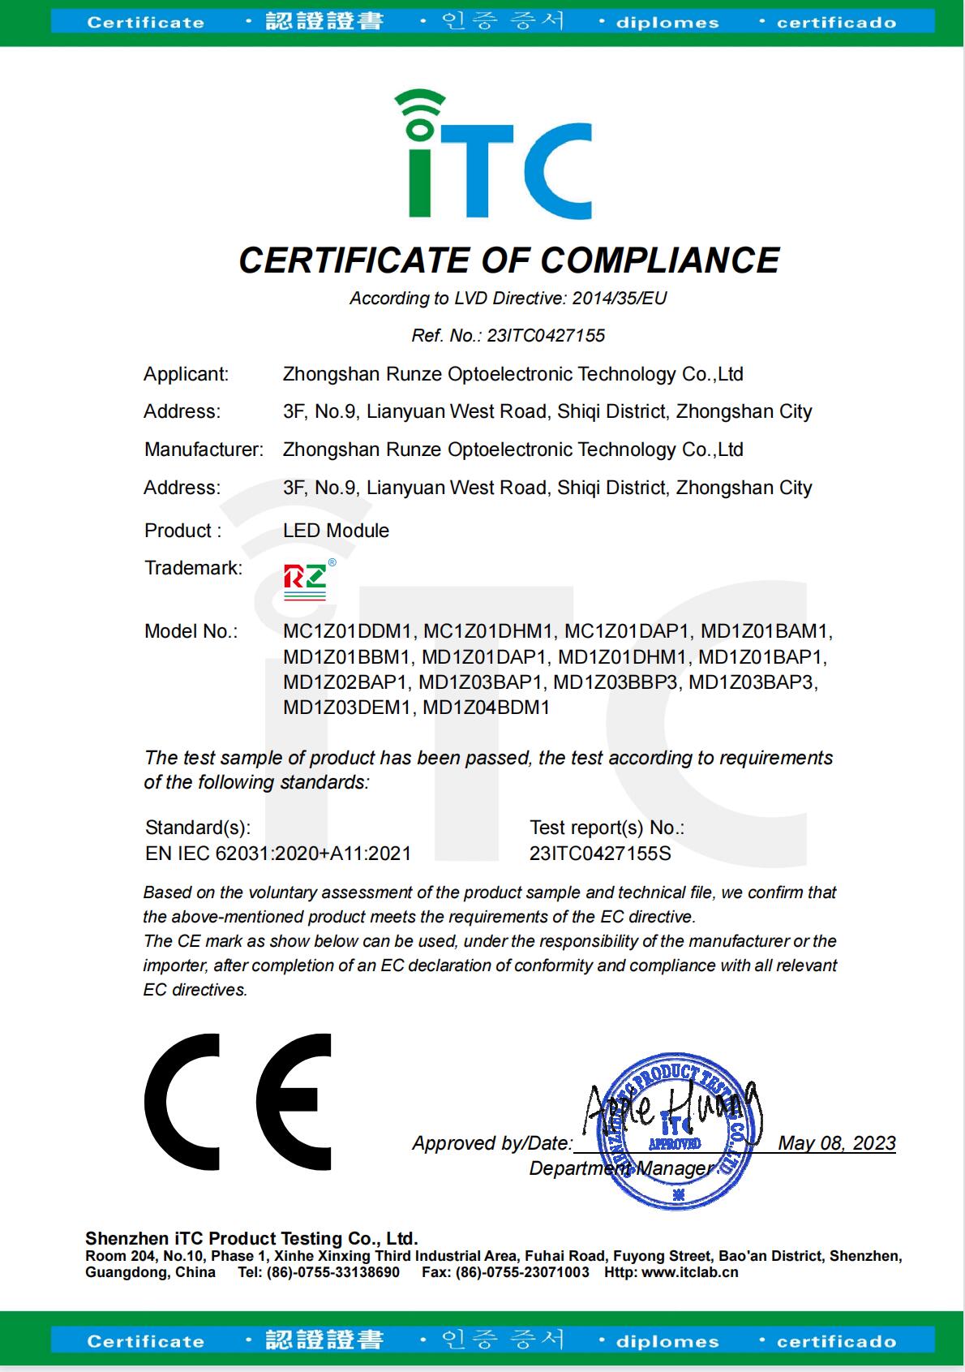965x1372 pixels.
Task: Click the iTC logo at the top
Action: click(x=493, y=154)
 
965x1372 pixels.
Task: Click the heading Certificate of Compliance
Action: click(x=508, y=260)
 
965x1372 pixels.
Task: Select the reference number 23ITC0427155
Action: click(x=546, y=336)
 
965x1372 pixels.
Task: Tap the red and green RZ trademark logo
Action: click(x=306, y=579)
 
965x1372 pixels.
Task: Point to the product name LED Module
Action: click(x=336, y=531)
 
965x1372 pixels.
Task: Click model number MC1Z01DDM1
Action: click(x=349, y=631)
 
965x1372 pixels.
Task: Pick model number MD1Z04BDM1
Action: click(x=486, y=708)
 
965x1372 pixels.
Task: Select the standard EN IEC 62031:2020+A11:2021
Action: click(x=278, y=854)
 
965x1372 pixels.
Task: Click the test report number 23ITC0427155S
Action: click(x=600, y=854)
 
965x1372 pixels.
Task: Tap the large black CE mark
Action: click(x=238, y=1101)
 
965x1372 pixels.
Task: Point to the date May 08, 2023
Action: click(x=836, y=1143)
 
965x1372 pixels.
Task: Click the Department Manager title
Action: click(x=620, y=1168)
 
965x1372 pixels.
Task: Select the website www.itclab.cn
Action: click(x=690, y=1272)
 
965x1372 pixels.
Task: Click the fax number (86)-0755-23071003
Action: click(x=522, y=1272)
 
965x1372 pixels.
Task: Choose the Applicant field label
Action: click(x=187, y=374)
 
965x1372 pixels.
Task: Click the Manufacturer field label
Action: click(x=204, y=449)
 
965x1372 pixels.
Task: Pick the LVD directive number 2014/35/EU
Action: click(x=620, y=299)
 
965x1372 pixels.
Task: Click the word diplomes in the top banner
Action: click(x=667, y=23)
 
